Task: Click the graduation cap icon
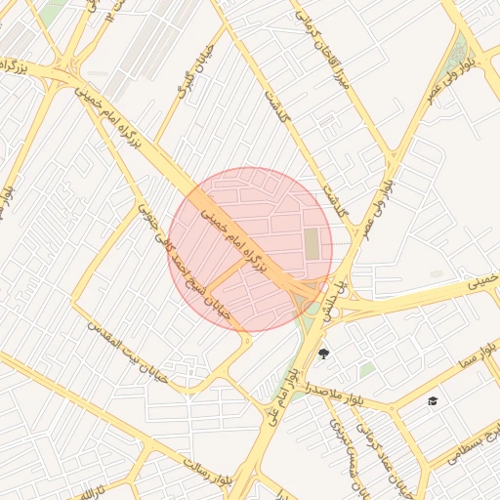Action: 433,400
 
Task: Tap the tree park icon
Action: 324,353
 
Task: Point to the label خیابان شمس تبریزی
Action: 347,439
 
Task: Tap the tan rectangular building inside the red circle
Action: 312,243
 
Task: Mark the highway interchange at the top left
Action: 68,67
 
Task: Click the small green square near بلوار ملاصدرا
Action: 366,370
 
